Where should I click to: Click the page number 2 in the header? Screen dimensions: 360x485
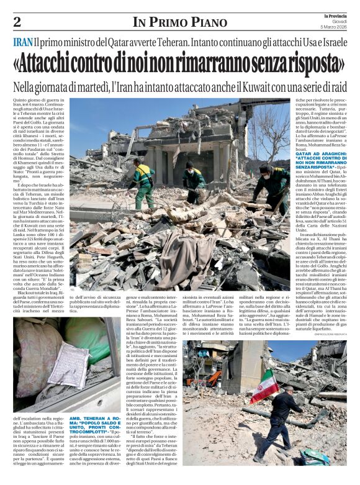coord(17,22)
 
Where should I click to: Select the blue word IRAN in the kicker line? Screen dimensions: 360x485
coord(22,43)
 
